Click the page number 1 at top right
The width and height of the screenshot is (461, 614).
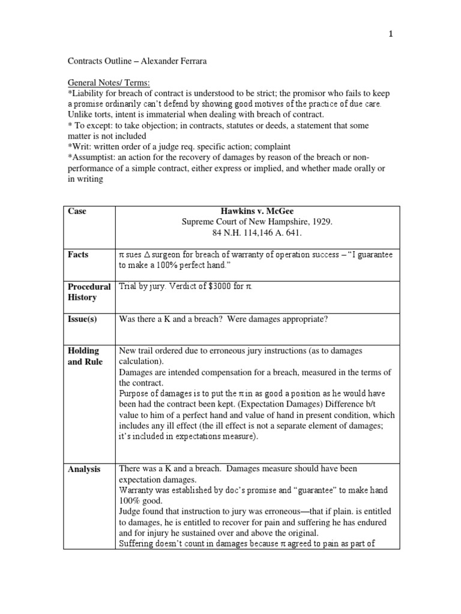[391, 34]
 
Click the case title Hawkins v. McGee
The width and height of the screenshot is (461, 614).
[256, 211]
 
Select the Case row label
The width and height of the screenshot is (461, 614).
[77, 211]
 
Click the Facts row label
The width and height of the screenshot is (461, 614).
[79, 255]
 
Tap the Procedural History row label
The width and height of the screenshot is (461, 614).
[89, 292]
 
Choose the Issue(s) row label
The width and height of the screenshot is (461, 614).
[82, 319]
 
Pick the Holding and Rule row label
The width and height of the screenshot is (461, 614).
[85, 356]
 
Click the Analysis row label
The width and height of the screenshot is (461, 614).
[84, 469]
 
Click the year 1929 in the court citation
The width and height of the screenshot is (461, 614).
[321, 222]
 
